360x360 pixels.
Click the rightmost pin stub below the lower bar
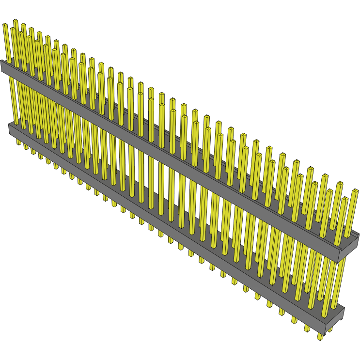click(320, 335)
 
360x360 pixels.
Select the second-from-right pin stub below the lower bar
click(307, 328)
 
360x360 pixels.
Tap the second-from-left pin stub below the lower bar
click(26, 146)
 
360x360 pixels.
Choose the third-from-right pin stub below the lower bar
click(294, 320)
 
